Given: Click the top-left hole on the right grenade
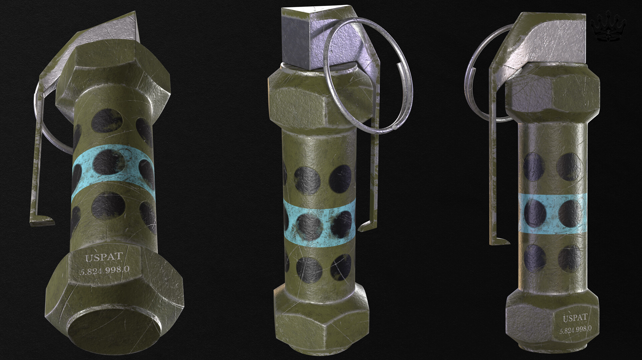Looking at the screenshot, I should coord(534,166).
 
